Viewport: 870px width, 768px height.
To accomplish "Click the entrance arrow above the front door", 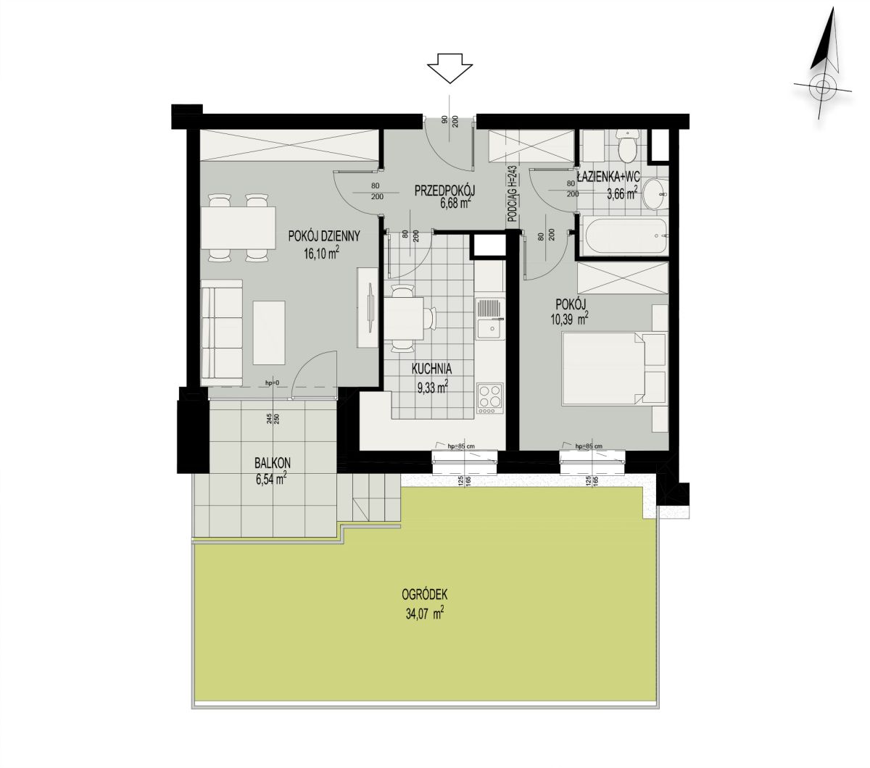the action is pos(449,68).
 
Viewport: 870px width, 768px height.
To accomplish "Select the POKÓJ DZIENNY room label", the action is pos(324,236).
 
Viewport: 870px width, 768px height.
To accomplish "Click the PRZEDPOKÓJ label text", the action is pos(445,190).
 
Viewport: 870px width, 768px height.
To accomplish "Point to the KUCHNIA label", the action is pos(431,368).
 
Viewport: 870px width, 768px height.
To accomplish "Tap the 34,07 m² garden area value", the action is pos(424,613).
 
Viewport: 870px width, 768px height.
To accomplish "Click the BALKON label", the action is pos(273,463).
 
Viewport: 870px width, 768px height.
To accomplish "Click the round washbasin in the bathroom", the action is pos(655,194).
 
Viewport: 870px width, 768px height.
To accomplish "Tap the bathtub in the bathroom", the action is pos(625,235).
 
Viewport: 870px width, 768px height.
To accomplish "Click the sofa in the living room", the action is pos(222,332).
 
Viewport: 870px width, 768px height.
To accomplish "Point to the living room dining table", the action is pos(238,228).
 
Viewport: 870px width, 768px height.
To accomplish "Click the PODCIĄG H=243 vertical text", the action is pos(513,194).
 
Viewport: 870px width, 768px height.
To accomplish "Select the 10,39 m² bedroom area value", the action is pos(571,319).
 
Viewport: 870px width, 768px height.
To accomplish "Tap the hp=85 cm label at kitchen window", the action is pos(461,446).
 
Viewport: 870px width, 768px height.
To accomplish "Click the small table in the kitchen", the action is pos(404,318).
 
